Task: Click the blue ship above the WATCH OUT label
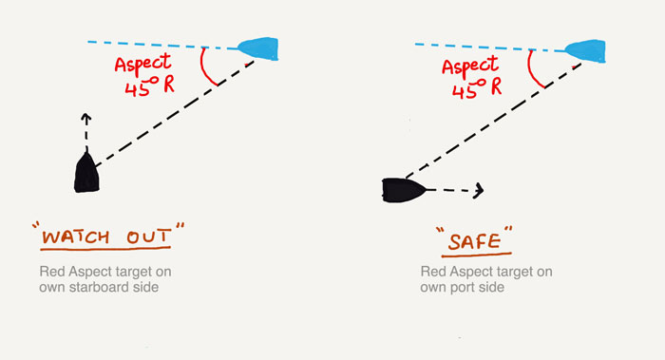(259, 48)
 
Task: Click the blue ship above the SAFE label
(586, 51)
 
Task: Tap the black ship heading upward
(87, 173)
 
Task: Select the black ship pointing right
(403, 190)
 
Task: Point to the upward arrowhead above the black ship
(86, 118)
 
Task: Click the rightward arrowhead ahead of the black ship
(479, 190)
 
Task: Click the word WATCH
(75, 237)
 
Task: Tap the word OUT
(148, 237)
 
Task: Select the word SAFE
(475, 241)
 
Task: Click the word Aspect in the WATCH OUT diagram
(143, 65)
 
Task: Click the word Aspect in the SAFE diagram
(470, 66)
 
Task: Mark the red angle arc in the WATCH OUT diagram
(205, 70)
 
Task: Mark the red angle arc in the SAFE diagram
(532, 71)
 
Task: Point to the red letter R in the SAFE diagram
(495, 86)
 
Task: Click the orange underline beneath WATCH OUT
(105, 249)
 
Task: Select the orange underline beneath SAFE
(476, 255)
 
